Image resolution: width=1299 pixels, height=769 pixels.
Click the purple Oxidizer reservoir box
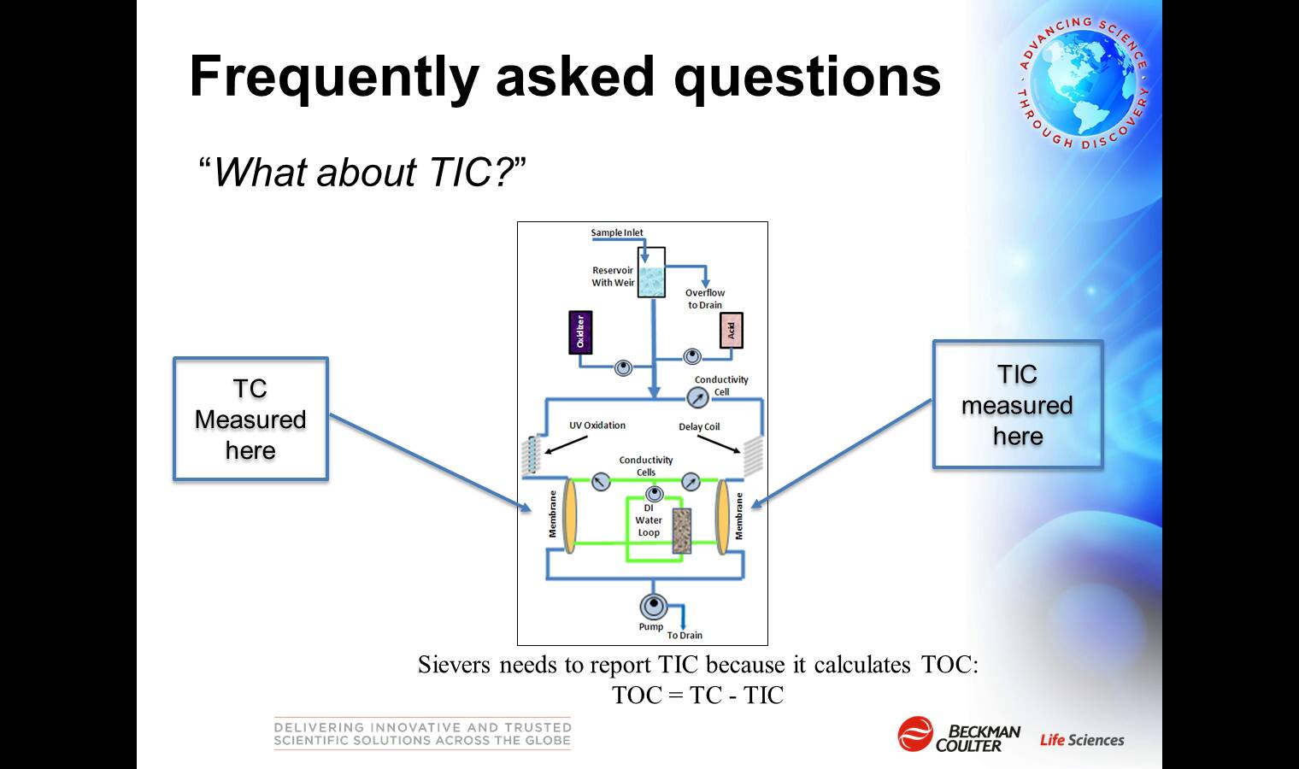580,332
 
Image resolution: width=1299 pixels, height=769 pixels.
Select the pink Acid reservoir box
732,331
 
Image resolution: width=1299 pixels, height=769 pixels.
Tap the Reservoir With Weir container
651,273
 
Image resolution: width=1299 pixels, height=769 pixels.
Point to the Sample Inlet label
617,232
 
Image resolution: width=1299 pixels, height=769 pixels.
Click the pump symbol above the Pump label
654,606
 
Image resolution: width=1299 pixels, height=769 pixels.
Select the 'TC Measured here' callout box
251,419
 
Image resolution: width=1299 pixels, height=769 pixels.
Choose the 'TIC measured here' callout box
1018,404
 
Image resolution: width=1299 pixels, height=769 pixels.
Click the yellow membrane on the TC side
570,515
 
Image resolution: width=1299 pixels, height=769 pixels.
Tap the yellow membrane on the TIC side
723,515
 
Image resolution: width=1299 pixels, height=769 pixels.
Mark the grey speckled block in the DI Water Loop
681,531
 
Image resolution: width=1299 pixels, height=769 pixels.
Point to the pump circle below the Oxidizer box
623,367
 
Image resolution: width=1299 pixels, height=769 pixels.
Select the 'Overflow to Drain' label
705,299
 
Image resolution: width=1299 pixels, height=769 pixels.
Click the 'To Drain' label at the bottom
685,635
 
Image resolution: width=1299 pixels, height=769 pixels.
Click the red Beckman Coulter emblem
915,734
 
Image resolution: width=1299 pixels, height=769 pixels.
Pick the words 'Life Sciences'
1082,740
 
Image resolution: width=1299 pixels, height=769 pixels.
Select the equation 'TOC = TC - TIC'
697,695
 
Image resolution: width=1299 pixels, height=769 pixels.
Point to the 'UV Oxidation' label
597,426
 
